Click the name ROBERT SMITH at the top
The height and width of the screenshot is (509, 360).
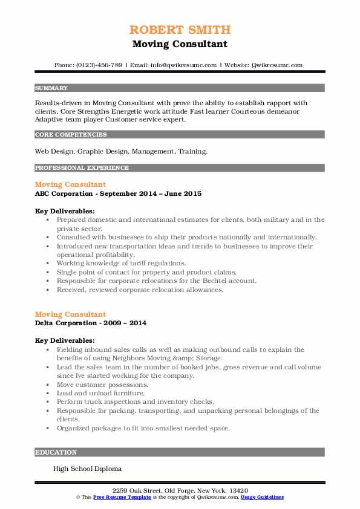tap(180, 30)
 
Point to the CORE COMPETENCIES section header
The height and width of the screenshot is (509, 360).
tap(71, 135)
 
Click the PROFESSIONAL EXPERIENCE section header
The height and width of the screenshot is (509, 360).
tap(82, 167)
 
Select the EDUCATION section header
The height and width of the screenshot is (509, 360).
tap(56, 452)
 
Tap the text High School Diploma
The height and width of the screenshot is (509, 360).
tap(87, 468)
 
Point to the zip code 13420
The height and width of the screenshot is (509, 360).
tap(237, 490)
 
